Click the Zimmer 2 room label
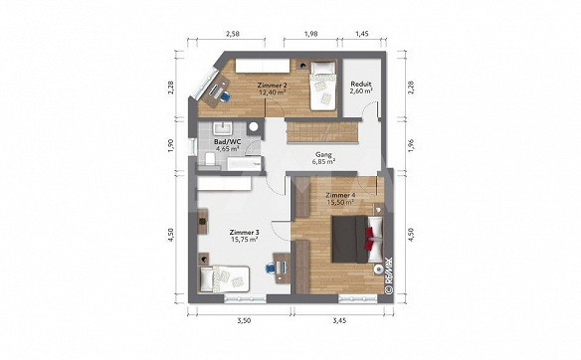coord(272,86)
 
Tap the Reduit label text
coord(361,84)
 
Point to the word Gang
coord(323,154)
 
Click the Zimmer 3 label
coord(244,233)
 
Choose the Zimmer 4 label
coord(340,195)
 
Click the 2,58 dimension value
coord(233,34)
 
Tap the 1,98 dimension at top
coord(310,34)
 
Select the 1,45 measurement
coord(362,34)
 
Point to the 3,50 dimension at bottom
coord(244,321)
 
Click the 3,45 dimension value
coord(339,321)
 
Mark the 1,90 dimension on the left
coord(171,145)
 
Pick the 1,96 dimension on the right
coord(410,145)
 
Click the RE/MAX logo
coord(389,275)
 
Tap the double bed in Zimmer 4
coord(357,240)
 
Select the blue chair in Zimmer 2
coord(225,95)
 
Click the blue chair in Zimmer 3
coord(271,268)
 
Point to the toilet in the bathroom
coord(210,160)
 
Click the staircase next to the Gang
coord(321,131)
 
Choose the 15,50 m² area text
coord(340,202)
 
